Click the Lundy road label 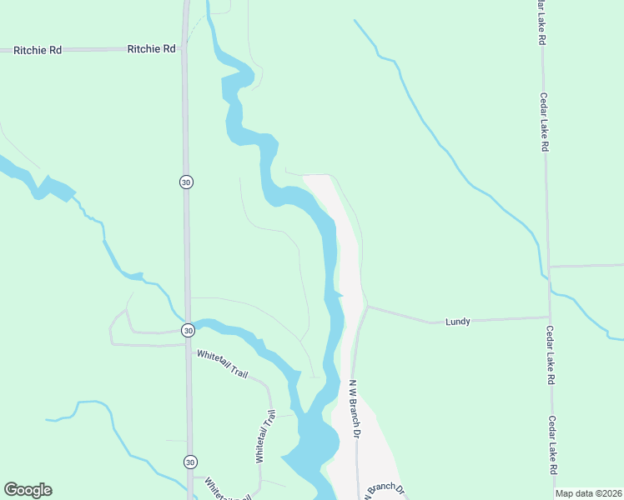click(458, 321)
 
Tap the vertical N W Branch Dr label click(355, 408)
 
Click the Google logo click(28, 490)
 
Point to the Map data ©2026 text click(588, 493)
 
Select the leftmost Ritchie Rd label click(38, 50)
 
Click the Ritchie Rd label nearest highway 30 click(152, 49)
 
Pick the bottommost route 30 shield click(190, 462)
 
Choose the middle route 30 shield click(189, 331)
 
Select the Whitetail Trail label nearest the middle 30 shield click(223, 364)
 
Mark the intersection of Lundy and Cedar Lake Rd click(549, 317)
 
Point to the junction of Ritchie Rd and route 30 click(184, 49)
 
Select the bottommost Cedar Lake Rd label click(553, 445)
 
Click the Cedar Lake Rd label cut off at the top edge click(541, 22)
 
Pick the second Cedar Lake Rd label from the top click(544, 122)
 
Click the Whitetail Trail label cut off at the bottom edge click(228, 491)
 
